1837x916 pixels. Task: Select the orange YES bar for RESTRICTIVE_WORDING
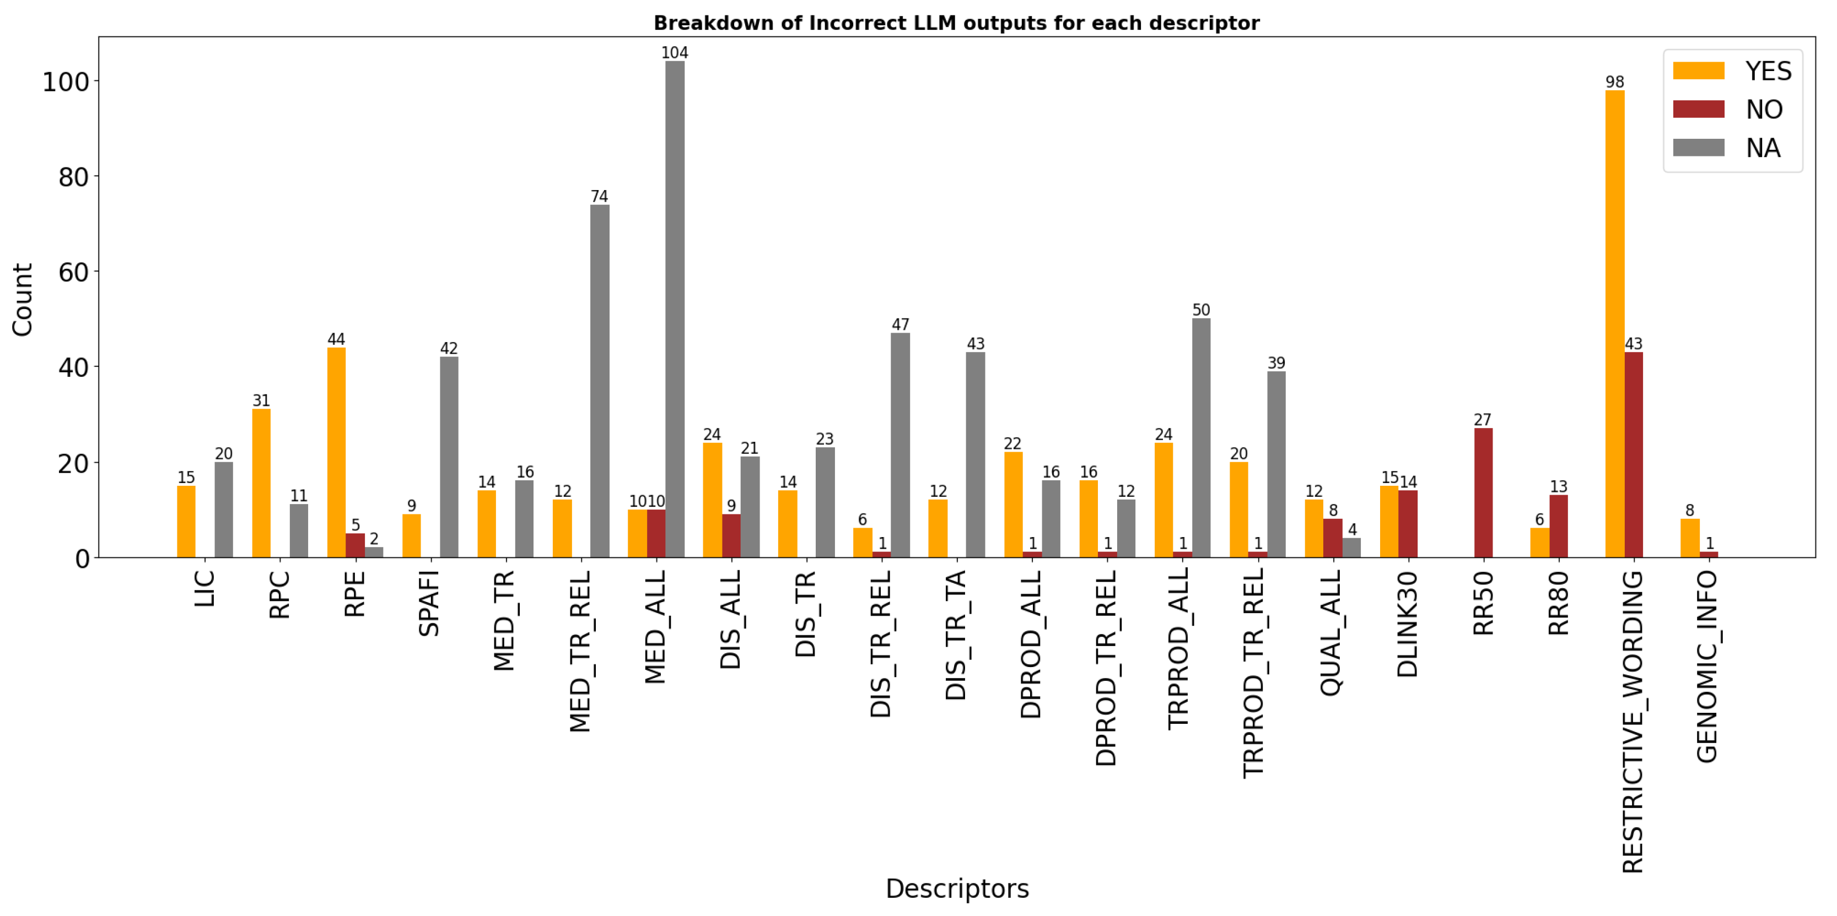[1614, 324]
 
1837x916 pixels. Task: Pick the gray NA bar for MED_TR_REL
[600, 381]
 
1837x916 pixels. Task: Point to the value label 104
[675, 53]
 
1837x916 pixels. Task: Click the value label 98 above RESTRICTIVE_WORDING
[1614, 82]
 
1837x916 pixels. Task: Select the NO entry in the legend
[1764, 110]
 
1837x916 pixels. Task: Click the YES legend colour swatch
[1698, 71]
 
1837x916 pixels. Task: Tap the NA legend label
[1763, 148]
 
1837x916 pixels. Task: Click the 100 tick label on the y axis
[66, 82]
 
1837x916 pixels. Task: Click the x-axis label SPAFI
[429, 603]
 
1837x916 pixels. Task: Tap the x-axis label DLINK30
[1407, 624]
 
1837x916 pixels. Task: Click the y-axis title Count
[22, 300]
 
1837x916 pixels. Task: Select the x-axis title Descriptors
[957, 889]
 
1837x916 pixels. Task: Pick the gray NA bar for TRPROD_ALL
[1201, 438]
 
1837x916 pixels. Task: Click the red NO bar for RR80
[1558, 526]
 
